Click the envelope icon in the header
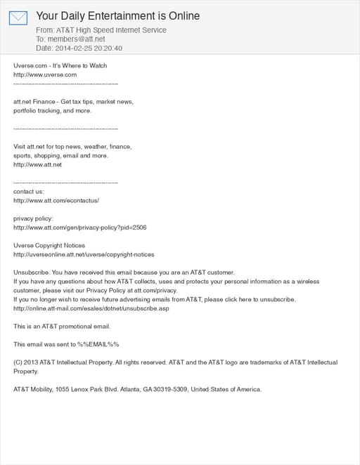(x=18, y=18)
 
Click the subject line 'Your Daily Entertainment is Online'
(x=117, y=15)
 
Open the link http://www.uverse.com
(x=45, y=74)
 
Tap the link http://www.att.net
(x=38, y=164)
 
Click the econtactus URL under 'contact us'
(x=56, y=200)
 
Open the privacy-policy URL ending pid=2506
(x=80, y=228)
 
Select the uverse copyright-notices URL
(x=84, y=254)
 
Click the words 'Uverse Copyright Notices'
(x=49, y=245)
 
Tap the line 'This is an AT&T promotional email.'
(x=62, y=326)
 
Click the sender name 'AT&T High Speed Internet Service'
(x=111, y=30)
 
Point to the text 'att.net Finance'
(x=35, y=102)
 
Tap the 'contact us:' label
(x=29, y=191)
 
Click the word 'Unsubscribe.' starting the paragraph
(x=31, y=273)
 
